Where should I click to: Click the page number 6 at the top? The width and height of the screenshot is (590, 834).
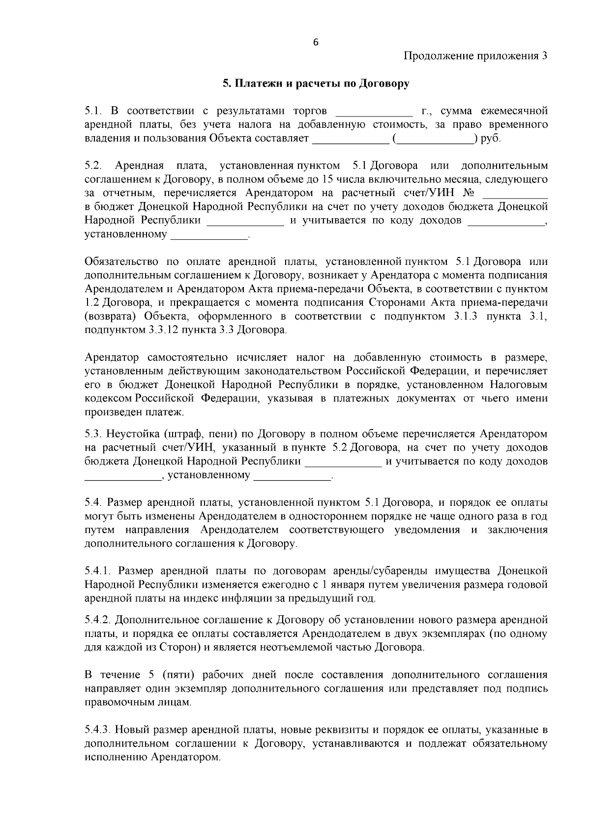coord(316,42)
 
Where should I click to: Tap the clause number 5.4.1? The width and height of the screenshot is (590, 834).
coord(99,571)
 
